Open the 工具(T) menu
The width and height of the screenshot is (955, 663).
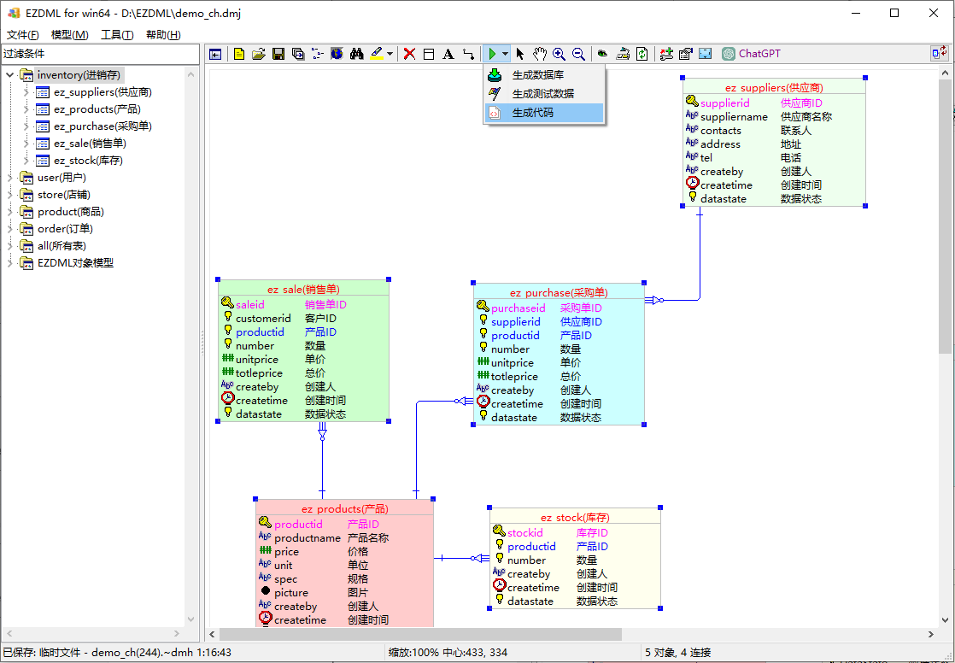(x=117, y=35)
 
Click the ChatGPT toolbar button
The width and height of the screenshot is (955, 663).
(x=751, y=54)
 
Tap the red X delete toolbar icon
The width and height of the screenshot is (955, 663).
(x=409, y=54)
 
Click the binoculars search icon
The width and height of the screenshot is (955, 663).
(x=357, y=54)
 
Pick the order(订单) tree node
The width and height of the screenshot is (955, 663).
(x=65, y=228)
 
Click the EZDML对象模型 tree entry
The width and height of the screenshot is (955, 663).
(x=75, y=262)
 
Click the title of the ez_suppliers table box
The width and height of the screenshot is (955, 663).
(x=774, y=88)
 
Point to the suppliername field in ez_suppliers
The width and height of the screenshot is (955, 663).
(x=734, y=116)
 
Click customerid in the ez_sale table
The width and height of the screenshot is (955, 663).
(x=263, y=318)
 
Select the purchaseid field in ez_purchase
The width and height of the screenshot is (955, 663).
(x=519, y=308)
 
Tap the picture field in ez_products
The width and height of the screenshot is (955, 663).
(x=291, y=592)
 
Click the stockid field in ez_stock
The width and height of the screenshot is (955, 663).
(x=525, y=532)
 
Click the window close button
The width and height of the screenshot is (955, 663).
(x=933, y=13)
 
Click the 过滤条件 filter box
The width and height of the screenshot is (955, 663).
(x=100, y=54)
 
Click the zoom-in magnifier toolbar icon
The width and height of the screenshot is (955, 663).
(x=559, y=54)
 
